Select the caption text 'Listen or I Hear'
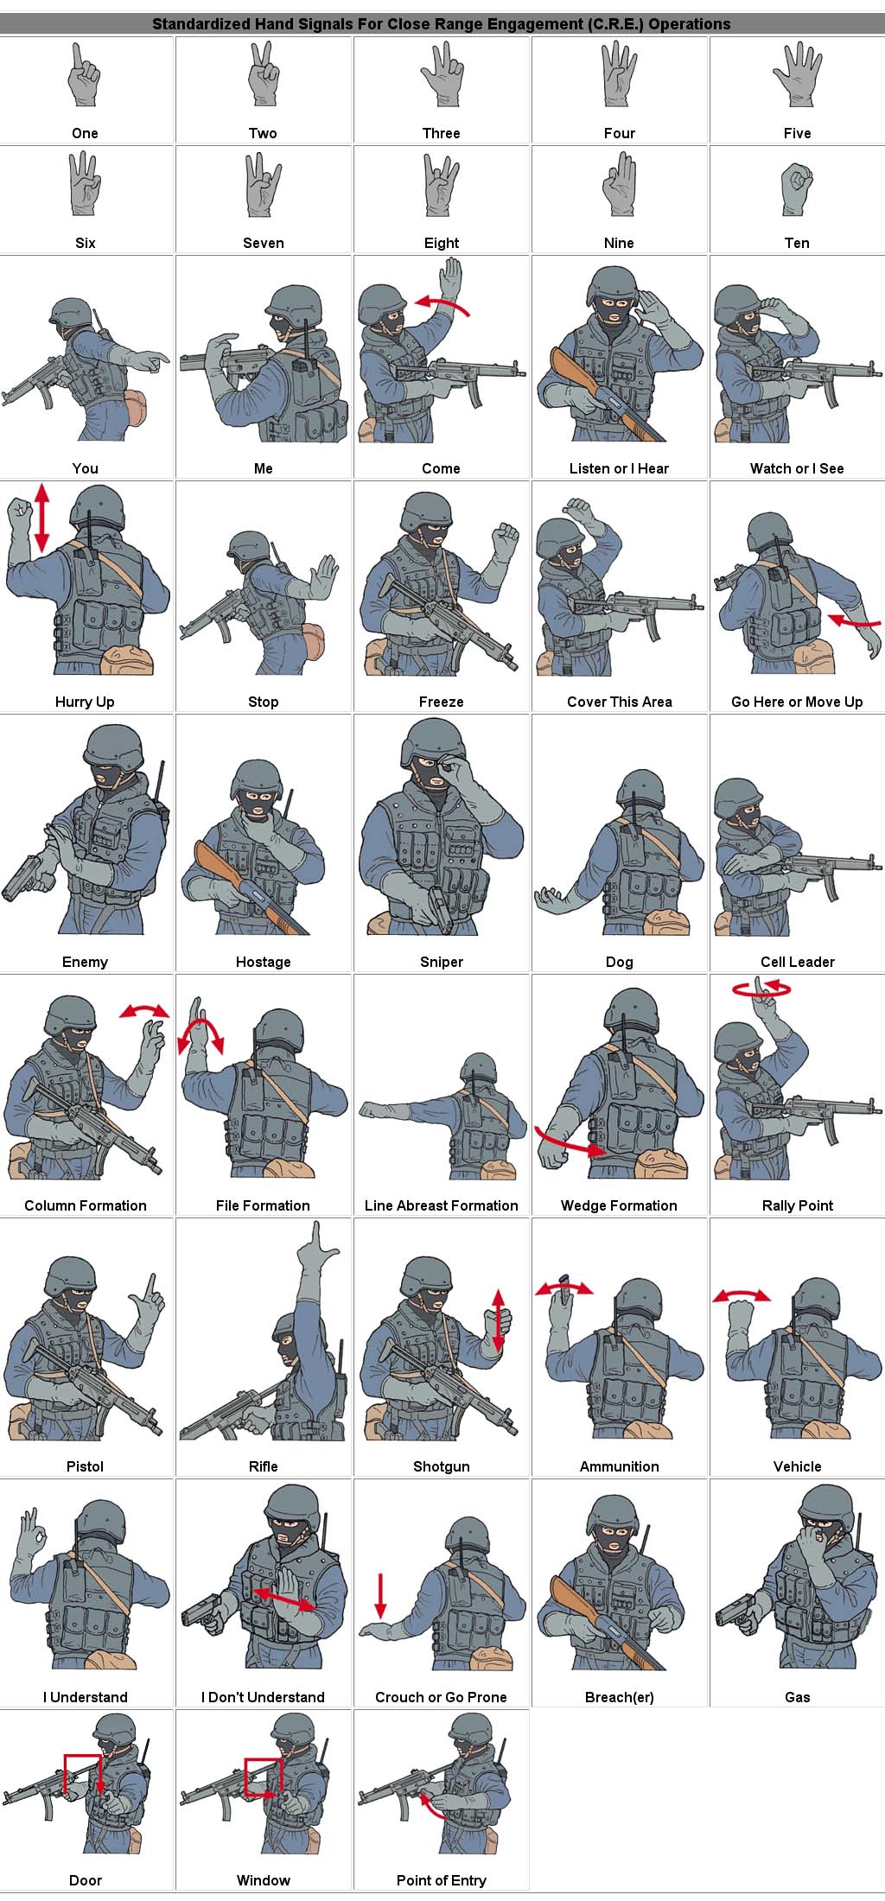coord(619,468)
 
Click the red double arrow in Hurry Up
coord(41,518)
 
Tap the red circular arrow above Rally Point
coord(761,988)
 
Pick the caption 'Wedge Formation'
coord(619,1205)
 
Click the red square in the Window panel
coord(263,1777)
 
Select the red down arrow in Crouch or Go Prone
coord(380,1596)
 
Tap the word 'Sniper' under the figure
coord(442,962)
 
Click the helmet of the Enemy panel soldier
coord(114,747)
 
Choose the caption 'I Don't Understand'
coord(263,1697)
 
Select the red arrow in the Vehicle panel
coord(742,1294)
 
